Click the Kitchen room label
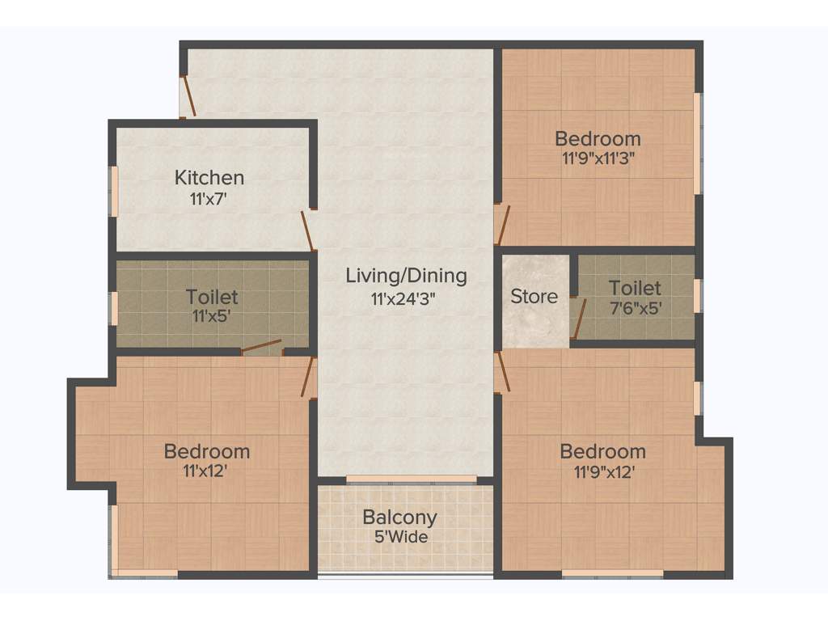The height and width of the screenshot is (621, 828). pos(209,177)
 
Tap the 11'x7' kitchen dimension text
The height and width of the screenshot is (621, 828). pos(209,198)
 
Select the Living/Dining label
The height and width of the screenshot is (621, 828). pos(406,276)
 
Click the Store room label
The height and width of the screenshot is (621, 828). pos(534,297)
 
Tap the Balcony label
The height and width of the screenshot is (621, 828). pos(399,517)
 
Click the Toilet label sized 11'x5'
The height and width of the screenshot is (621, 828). pos(212,298)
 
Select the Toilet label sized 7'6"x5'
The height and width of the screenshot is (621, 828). pos(635,288)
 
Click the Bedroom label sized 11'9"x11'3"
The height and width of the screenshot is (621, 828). pos(598,138)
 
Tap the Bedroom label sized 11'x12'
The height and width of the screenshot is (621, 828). pos(206,451)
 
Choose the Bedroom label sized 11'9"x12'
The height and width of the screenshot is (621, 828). pos(602,451)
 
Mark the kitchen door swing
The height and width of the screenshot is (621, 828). pos(308,231)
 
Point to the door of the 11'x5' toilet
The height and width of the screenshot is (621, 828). pos(261,348)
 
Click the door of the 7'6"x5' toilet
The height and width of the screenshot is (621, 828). pos(577,318)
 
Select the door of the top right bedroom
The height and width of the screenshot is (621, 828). pos(501,224)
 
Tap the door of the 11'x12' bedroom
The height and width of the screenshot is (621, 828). pos(308,378)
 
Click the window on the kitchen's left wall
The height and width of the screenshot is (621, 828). pos(114,192)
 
